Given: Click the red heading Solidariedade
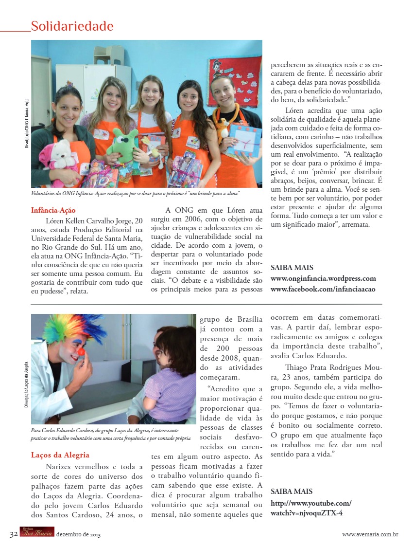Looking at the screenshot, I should pyautogui.click(x=72, y=26).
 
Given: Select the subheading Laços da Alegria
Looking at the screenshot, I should pyautogui.click(x=60, y=455).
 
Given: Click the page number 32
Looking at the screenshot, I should pyautogui.click(x=14, y=534).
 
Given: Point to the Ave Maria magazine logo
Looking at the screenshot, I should pyautogui.click(x=37, y=532).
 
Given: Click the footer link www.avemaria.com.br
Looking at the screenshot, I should pyautogui.click(x=370, y=534).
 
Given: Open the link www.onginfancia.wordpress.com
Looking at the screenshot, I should pyautogui.click(x=323, y=278).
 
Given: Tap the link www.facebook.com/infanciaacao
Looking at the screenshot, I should pyautogui.click(x=323, y=289).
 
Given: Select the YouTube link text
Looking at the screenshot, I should pyautogui.click(x=311, y=508).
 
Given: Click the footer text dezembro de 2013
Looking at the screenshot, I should pyautogui.click(x=79, y=534).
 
